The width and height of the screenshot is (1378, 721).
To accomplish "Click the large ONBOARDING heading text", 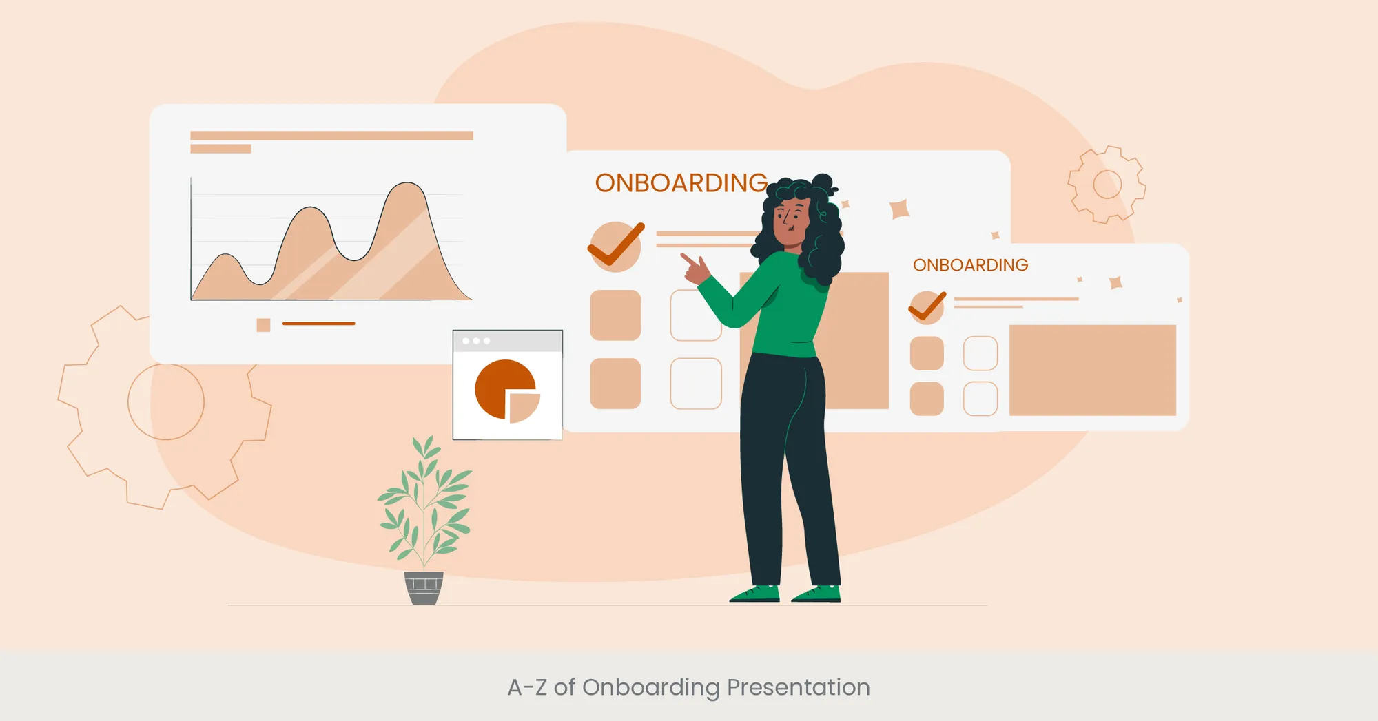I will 681,183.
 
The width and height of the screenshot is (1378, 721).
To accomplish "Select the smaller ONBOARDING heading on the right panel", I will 970,265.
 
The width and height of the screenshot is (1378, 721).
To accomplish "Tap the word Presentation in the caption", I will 798,687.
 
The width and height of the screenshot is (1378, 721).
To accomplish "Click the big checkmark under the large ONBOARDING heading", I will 616,246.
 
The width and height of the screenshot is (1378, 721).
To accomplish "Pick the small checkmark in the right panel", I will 927,306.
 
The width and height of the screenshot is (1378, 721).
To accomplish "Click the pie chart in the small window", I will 506,390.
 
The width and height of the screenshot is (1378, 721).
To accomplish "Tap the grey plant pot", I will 424,589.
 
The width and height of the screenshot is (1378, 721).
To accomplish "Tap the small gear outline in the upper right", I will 1107,185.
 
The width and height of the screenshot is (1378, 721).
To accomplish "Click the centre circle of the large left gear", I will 166,402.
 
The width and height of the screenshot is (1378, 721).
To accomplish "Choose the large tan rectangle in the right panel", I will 1092,370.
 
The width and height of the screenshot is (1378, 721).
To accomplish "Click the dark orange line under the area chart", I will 318,324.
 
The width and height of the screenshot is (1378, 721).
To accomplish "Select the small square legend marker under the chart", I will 263,325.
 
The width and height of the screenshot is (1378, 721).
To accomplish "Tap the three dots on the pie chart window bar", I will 476,341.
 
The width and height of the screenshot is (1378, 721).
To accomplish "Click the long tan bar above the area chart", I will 331,136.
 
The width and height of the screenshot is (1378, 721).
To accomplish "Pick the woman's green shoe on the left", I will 756,594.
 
